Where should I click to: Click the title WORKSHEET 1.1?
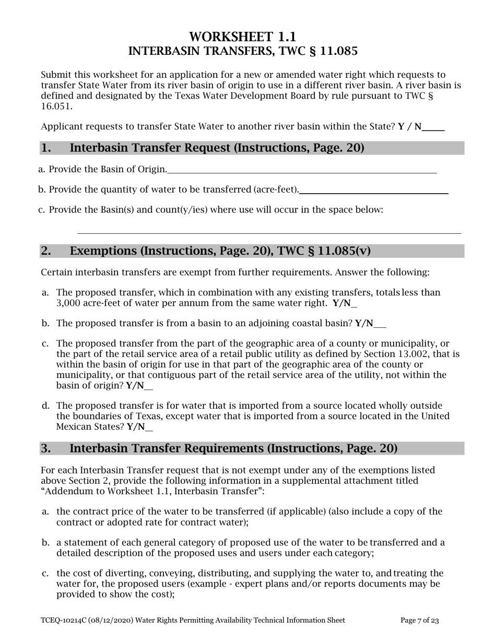click(x=242, y=37)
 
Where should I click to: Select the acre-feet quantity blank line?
click(x=374, y=191)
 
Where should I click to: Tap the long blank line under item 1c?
click(x=269, y=232)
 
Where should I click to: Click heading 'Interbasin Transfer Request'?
click(x=217, y=148)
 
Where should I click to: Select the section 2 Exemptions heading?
click(x=220, y=251)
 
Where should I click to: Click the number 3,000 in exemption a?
click(x=68, y=303)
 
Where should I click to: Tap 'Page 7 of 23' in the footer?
click(x=419, y=621)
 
